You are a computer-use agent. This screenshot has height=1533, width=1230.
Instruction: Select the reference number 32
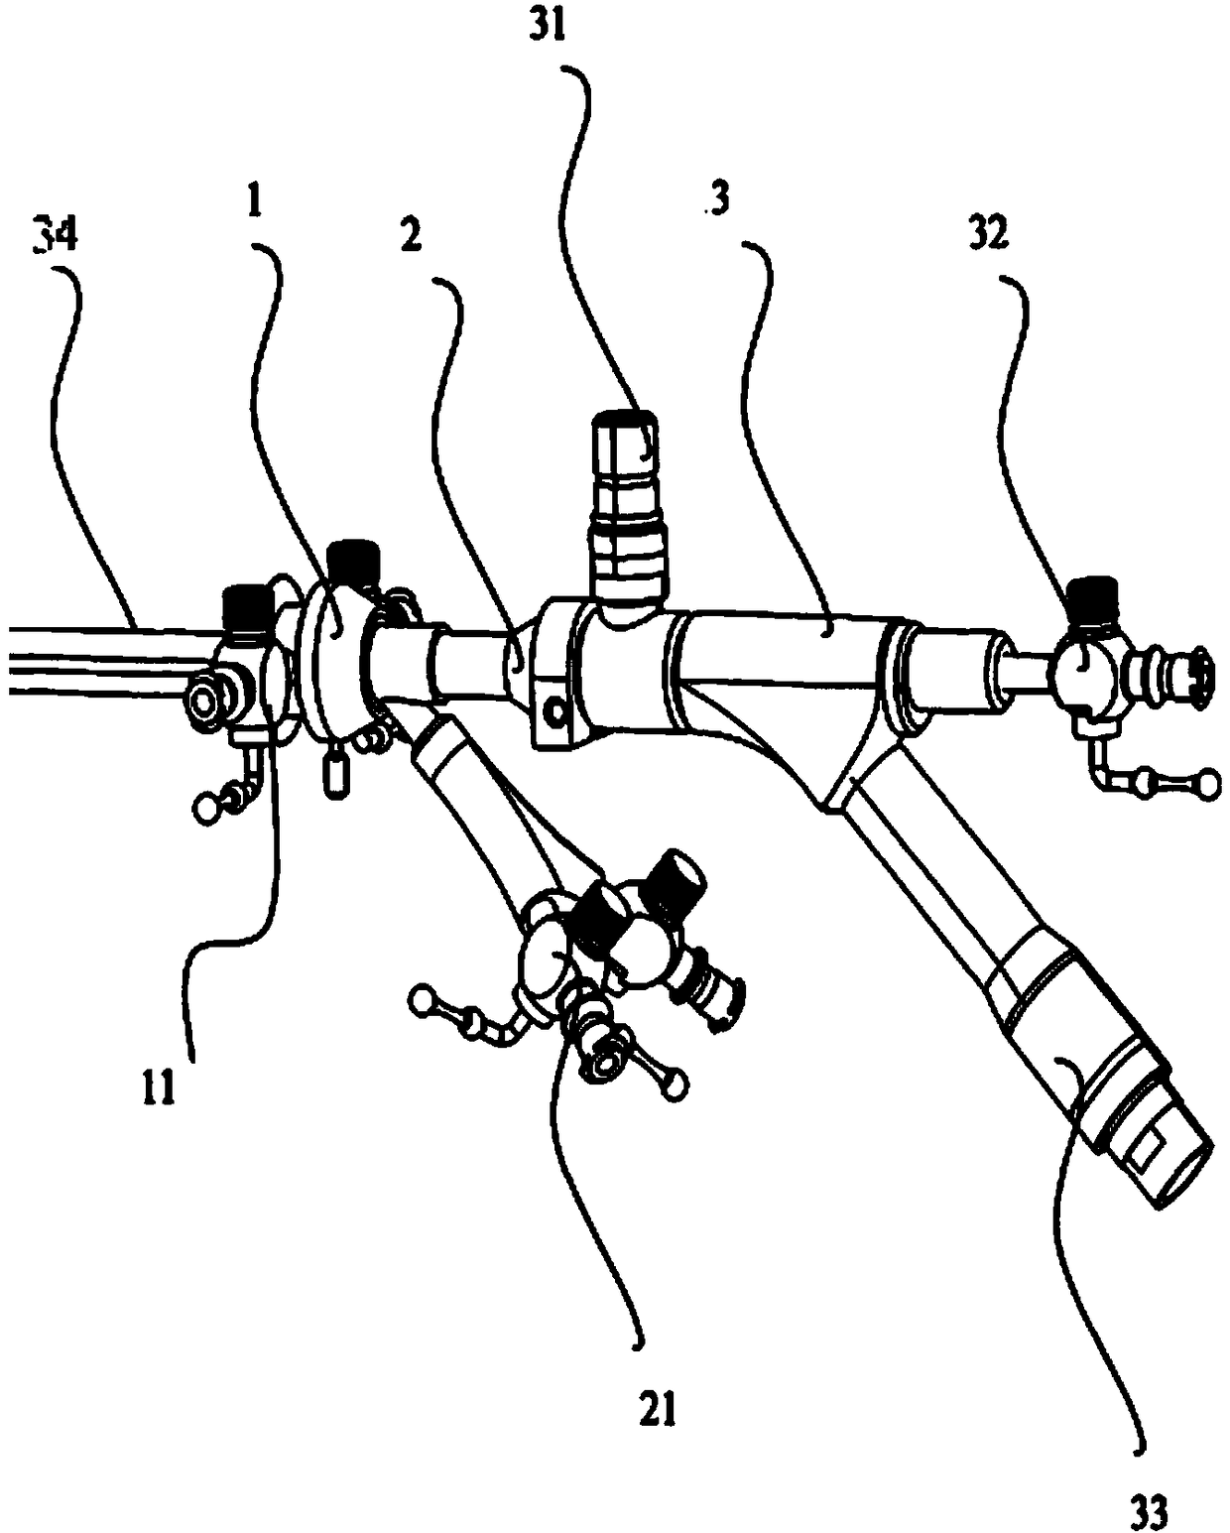990,233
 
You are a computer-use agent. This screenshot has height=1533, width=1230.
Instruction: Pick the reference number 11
158,1087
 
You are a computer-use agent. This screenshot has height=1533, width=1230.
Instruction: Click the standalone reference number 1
254,204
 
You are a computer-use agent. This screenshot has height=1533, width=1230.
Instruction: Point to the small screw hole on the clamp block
553,710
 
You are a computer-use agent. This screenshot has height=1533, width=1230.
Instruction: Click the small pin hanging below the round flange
336,775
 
